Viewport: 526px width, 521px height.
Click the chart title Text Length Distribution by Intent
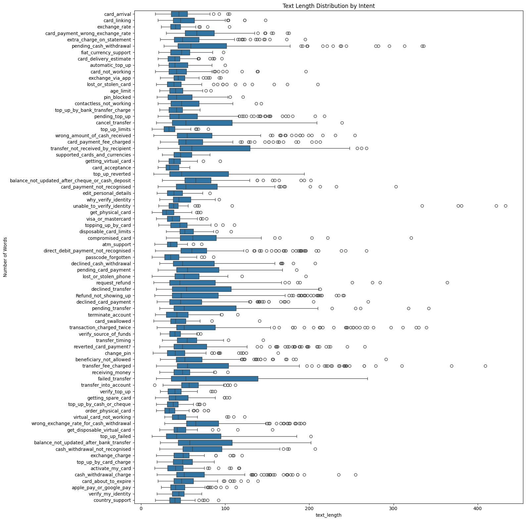tap(328, 6)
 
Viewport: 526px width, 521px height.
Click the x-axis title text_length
tap(328, 515)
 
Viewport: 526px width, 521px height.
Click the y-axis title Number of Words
tap(5, 257)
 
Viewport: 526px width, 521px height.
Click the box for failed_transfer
tap(215, 379)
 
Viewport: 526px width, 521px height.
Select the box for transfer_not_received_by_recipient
tap(215, 149)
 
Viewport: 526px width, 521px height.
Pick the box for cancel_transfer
tap(202, 123)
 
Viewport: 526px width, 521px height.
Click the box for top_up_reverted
tap(199, 174)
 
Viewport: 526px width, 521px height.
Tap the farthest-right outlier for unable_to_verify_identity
tap(505, 206)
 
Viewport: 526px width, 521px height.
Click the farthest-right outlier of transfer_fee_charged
tap(485, 366)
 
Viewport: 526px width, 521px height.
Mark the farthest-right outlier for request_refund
tap(447, 283)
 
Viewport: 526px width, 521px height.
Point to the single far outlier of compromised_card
tap(411, 238)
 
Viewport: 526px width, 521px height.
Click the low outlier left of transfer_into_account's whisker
tap(155, 385)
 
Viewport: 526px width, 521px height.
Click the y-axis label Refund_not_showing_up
tap(103, 296)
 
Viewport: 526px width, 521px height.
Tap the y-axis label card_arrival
tap(118, 14)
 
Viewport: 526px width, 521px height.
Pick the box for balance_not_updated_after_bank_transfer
tap(205, 443)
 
